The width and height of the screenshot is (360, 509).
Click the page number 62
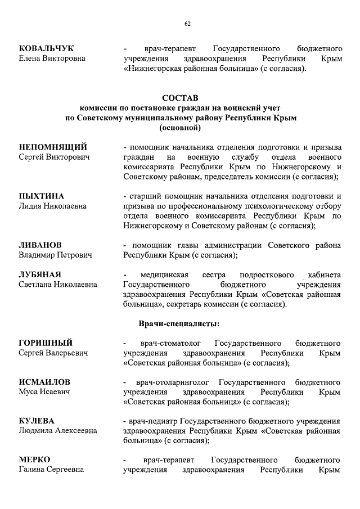click(x=187, y=23)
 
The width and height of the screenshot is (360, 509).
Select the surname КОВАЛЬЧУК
click(x=46, y=48)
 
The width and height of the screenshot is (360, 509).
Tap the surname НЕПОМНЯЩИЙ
click(x=53, y=147)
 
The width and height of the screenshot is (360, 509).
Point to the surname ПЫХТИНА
click(x=42, y=196)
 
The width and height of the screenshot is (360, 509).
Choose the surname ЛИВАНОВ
click(x=40, y=245)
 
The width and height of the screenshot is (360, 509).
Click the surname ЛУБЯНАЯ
click(x=40, y=274)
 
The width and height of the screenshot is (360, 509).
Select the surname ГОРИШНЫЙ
click(x=46, y=343)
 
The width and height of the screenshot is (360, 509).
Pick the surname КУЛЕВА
click(x=38, y=421)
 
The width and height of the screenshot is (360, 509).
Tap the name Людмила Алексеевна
click(x=58, y=431)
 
